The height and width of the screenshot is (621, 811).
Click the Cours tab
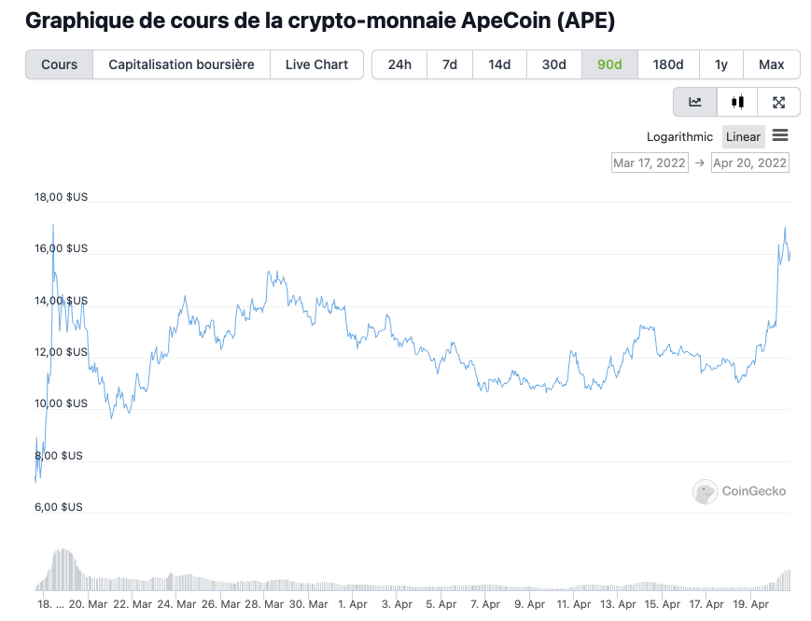[60, 64]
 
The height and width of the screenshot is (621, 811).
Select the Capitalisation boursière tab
[181, 64]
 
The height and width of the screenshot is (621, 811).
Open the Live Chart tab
[316, 64]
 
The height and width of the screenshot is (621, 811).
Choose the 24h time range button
[399, 64]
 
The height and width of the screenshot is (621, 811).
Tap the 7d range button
[449, 64]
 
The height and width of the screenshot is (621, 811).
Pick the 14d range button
[499, 64]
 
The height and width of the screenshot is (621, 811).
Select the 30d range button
[554, 64]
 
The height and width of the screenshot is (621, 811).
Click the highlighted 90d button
[609, 64]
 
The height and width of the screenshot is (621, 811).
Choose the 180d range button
[667, 64]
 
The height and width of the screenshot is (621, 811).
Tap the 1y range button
[720, 64]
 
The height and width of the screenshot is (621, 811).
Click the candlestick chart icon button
[737, 103]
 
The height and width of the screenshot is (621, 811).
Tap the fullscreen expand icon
[778, 103]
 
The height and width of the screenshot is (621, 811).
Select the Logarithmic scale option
[679, 136]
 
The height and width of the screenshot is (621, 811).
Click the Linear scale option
[743, 136]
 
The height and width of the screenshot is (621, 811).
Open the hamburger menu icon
[780, 135]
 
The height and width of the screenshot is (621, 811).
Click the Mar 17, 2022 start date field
[650, 162]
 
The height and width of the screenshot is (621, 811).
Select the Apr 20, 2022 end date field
[749, 162]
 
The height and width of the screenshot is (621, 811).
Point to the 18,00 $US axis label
[61, 197]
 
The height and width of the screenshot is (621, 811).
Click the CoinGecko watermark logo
[739, 491]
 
